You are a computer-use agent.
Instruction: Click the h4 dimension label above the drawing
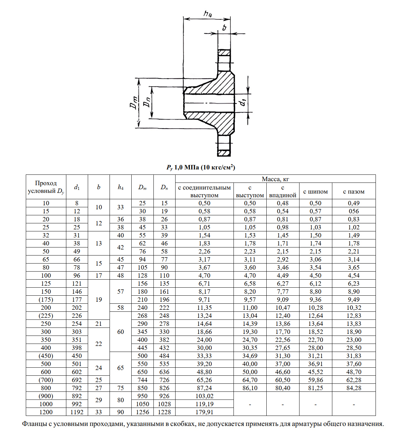(208, 14)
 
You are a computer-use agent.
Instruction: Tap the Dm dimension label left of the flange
(134, 102)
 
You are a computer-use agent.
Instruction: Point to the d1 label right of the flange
(244, 102)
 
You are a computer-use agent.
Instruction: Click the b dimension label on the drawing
(224, 27)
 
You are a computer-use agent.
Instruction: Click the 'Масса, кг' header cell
(275, 179)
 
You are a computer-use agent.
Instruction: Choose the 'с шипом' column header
(315, 192)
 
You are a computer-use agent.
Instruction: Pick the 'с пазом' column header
(353, 192)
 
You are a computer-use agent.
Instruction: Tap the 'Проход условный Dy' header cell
(46, 187)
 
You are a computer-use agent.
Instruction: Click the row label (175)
(46, 300)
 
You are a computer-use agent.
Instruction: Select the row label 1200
(46, 412)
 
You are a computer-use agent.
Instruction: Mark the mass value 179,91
(204, 412)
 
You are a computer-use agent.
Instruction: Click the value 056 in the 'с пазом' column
(353, 211)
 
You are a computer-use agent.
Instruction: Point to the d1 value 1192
(77, 412)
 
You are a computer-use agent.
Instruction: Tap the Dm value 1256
(142, 412)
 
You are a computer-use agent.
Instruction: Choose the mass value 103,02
(204, 396)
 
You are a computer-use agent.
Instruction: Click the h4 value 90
(121, 412)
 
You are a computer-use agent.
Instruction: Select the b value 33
(98, 412)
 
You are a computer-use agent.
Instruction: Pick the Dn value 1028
(164, 404)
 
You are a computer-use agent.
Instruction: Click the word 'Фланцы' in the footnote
(35, 424)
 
